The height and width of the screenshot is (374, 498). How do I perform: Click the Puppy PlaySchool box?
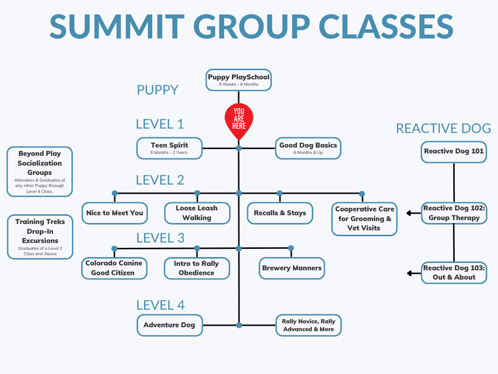coord(239,80)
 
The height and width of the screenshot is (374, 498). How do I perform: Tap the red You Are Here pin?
coord(239,120)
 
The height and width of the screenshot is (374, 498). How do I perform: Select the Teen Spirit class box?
coord(170,148)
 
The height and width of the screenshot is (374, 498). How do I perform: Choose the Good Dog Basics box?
coord(308,148)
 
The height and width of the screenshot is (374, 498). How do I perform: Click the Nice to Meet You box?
coord(115,213)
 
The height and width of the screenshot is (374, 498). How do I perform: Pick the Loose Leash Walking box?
coord(197,213)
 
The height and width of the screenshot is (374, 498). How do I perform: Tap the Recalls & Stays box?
coord(280,213)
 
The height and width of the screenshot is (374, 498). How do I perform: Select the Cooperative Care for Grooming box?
coord(365,218)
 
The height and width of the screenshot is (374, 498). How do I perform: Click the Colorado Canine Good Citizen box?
coord(115,268)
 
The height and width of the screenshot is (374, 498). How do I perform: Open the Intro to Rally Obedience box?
coord(197,268)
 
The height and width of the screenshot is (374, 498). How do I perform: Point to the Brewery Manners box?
coord(292,268)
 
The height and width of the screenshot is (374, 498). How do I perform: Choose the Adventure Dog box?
coord(170,325)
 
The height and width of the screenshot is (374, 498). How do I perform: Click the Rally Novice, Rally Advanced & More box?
coord(308,325)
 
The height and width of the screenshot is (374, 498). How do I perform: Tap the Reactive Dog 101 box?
coord(454,151)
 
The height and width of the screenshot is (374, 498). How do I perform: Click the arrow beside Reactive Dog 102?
coord(413,213)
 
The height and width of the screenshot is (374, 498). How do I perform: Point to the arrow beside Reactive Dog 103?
coord(413,273)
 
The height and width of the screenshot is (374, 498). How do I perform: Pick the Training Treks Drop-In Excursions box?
coord(40,237)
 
